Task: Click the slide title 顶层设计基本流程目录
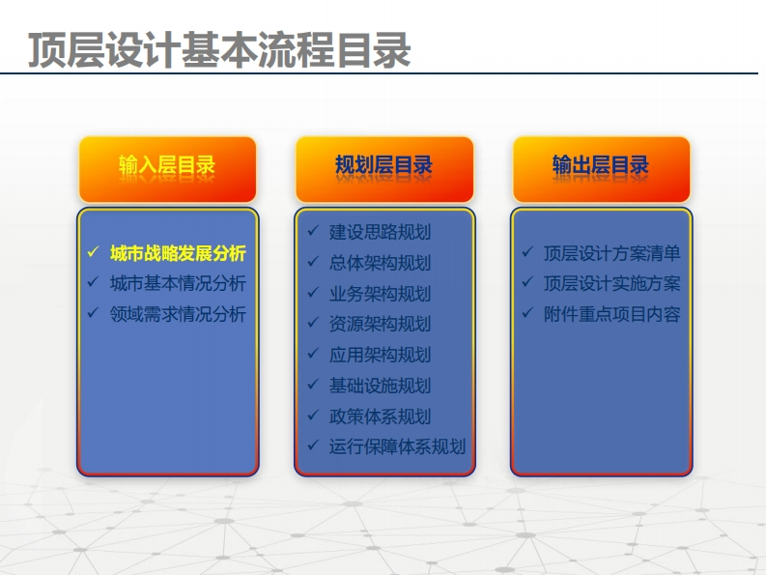(219, 50)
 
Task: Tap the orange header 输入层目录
(167, 169)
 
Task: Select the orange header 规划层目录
(384, 169)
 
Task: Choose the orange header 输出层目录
(601, 169)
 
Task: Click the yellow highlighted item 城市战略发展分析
(178, 253)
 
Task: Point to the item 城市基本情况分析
(178, 283)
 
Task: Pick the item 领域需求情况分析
(178, 314)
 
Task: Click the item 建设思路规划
(380, 232)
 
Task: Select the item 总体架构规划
(380, 263)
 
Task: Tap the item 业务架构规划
(380, 294)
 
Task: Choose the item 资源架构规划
(380, 324)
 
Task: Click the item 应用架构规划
(380, 355)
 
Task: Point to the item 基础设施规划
(380, 386)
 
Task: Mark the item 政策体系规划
(380, 417)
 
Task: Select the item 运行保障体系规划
(397, 446)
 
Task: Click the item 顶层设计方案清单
(612, 253)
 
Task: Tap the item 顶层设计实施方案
(612, 283)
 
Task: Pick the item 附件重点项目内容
(612, 314)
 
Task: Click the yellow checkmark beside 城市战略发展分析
(93, 252)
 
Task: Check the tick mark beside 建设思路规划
(313, 230)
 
